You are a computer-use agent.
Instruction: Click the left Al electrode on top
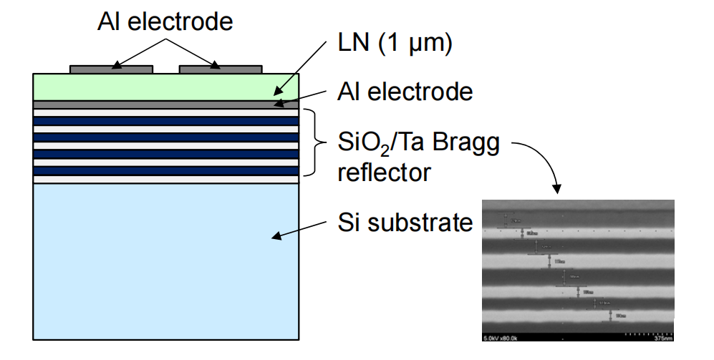click(x=111, y=69)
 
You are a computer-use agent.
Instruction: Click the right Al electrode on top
click(x=220, y=69)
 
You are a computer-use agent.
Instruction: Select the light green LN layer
click(x=165, y=87)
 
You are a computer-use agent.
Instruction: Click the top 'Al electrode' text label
click(x=165, y=21)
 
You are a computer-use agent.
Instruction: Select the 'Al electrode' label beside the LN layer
click(x=405, y=92)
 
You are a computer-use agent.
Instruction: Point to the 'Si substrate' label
click(x=405, y=223)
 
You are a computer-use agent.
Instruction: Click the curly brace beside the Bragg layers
click(x=313, y=142)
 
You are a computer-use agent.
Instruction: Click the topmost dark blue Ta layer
click(x=165, y=121)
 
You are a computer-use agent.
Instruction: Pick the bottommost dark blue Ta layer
click(x=165, y=171)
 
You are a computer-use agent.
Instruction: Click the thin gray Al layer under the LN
click(x=165, y=104)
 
